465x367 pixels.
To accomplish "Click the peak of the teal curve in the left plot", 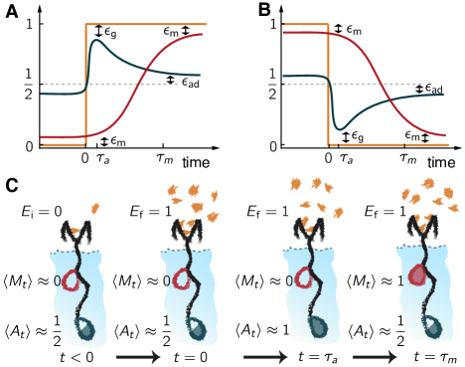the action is (96, 41).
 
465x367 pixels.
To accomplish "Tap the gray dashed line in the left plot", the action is (60, 85).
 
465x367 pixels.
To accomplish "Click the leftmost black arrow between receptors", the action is (137, 356).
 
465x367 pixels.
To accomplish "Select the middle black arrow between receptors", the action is (264, 356).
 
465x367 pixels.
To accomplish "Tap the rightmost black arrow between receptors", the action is (374, 356).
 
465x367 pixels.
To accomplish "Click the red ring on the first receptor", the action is (71, 281).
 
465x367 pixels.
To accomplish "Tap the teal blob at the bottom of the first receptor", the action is (85, 329).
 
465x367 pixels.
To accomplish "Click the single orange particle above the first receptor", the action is (94, 209).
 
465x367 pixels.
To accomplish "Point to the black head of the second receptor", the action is (186, 232).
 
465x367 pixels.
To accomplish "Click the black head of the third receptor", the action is (308, 231).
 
